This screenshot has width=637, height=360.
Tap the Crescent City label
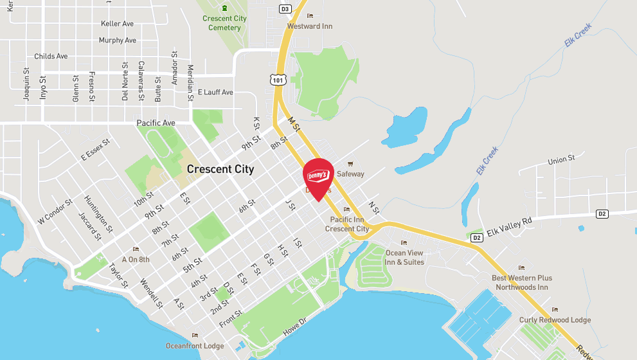220,170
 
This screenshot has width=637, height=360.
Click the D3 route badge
285,9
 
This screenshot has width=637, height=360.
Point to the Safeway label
350,174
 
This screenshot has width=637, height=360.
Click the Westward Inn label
310,26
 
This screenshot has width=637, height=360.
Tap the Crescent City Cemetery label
224,23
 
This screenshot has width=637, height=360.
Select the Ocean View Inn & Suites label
404,257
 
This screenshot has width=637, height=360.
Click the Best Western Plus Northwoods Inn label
522,282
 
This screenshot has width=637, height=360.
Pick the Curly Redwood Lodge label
555,319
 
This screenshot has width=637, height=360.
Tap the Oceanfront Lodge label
195,346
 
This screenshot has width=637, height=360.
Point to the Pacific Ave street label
156,123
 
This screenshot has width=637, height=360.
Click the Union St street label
561,159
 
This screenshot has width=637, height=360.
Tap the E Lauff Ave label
215,93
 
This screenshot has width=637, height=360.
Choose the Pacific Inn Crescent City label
347,224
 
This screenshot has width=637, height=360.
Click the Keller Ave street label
117,24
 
